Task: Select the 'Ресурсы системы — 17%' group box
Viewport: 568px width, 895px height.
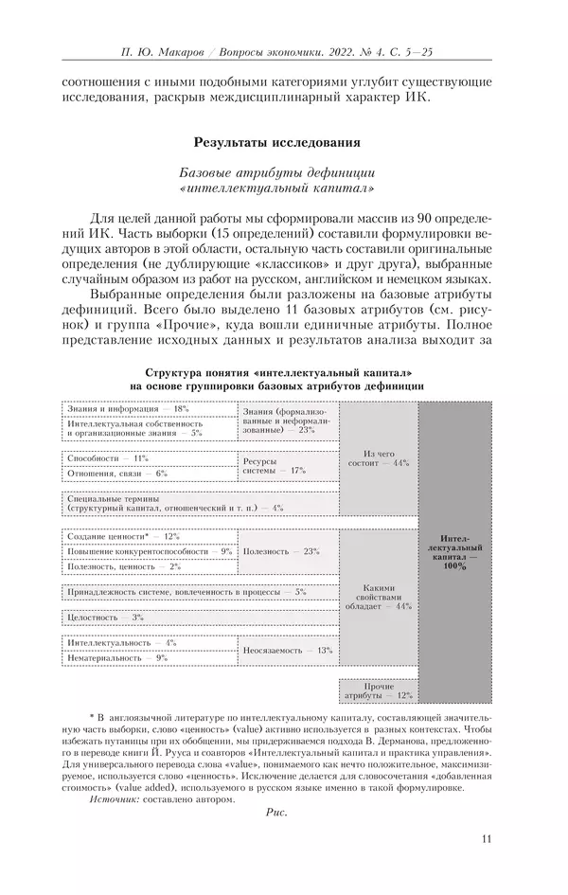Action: [288, 465]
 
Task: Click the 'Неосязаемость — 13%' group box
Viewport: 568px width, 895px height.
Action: [288, 650]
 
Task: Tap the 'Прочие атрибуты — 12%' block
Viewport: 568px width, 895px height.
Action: [379, 690]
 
